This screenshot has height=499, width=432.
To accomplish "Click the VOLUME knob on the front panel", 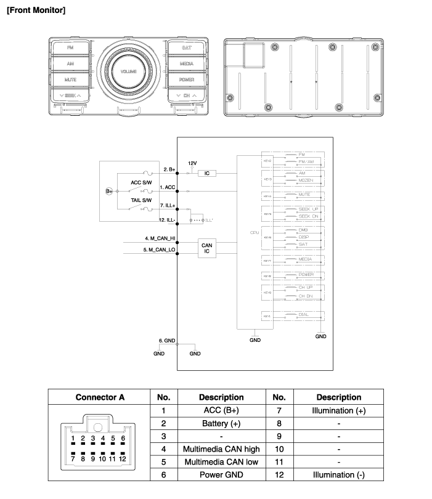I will click(x=129, y=72).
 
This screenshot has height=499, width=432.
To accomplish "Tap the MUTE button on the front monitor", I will click(x=70, y=79).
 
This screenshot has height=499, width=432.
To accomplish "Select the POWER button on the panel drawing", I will click(x=187, y=79).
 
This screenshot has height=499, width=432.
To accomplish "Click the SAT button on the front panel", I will click(x=187, y=47).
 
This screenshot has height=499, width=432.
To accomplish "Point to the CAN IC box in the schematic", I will click(x=207, y=248).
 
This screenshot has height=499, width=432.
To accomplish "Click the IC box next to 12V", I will click(x=207, y=174).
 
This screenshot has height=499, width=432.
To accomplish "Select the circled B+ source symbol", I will click(x=110, y=192).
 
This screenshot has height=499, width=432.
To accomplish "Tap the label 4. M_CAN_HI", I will click(x=159, y=238).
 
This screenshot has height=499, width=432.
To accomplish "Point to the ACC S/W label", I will click(x=141, y=182).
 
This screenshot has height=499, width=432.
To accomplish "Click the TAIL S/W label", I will click(x=141, y=200).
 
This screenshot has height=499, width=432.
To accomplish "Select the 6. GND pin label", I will click(x=167, y=340).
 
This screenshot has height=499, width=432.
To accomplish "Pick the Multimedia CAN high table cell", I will click(x=221, y=449).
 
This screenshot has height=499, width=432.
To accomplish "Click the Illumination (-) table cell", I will click(x=338, y=475).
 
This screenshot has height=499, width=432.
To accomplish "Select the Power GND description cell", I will click(x=221, y=475).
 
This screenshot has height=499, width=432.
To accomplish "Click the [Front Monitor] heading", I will click(x=36, y=10).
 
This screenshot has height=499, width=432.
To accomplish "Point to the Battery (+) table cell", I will click(x=221, y=423).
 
